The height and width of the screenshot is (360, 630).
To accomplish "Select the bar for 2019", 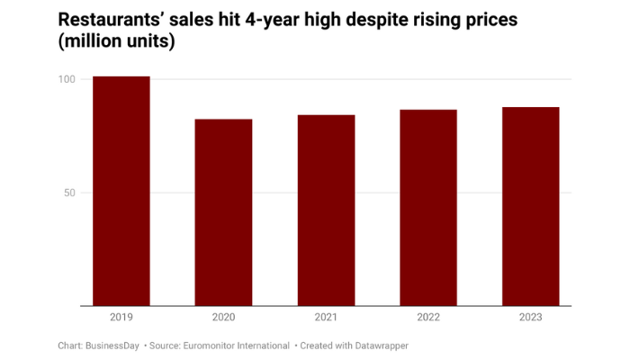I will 121,191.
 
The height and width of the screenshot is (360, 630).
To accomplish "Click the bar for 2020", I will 224,212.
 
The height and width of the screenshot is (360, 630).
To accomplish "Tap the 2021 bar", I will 326,211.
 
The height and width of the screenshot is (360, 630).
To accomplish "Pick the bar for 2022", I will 428,208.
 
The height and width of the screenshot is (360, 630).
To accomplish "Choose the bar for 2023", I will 531,206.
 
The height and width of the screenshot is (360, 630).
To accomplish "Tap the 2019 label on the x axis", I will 121,318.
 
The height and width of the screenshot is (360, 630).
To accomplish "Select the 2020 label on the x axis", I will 224,318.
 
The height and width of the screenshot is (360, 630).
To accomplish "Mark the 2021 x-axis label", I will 326,318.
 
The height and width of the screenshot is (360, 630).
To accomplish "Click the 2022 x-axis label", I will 428,318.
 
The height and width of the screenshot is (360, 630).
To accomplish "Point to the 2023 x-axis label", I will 531,318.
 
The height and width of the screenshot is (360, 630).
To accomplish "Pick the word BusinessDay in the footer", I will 112,346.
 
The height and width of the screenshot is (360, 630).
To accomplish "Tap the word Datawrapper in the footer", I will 378,346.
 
